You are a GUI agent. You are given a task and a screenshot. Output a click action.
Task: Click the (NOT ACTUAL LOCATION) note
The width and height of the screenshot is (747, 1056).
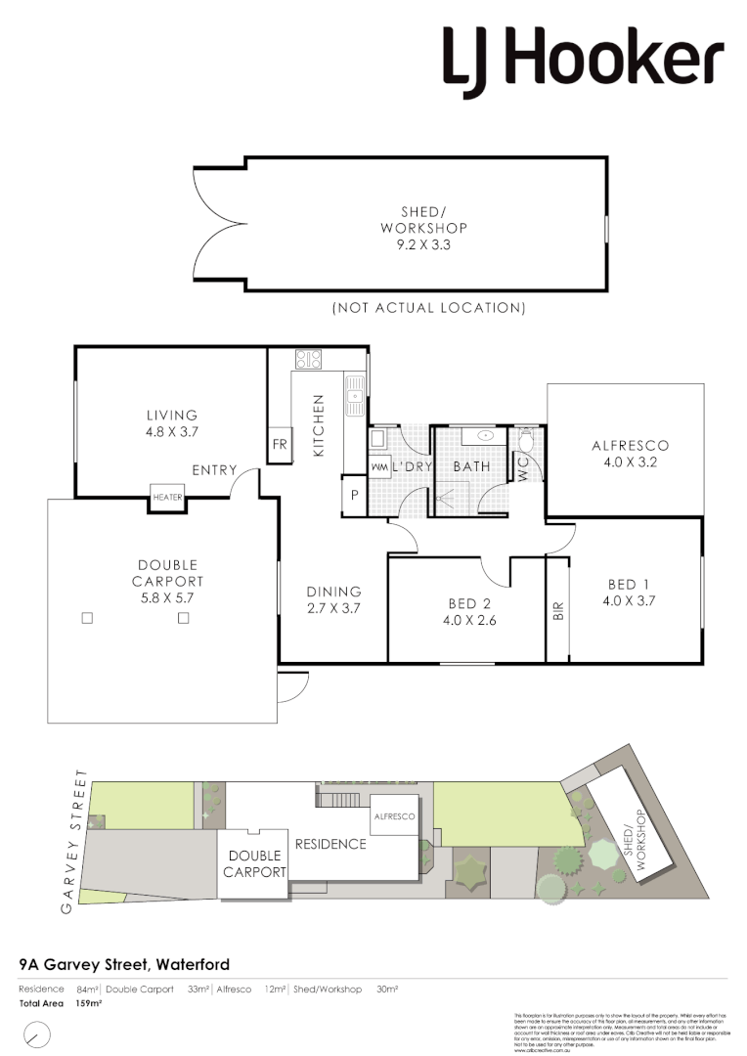coord(429,308)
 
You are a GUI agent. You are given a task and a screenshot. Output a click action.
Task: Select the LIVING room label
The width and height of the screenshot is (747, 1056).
coord(172,416)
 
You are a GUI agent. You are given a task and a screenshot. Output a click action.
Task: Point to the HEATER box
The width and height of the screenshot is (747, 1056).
coord(167,497)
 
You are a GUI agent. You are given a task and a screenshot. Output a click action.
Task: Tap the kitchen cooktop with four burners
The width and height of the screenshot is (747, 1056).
coord(309,360)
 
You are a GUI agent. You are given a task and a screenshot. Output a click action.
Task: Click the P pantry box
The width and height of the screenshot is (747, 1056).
coord(354,495)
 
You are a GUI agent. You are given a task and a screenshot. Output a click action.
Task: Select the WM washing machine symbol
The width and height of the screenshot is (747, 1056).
coord(379,466)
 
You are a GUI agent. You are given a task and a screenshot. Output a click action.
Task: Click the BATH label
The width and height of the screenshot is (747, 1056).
coord(471,467)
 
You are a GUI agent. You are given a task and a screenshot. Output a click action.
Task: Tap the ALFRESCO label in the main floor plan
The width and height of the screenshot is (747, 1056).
coord(630,446)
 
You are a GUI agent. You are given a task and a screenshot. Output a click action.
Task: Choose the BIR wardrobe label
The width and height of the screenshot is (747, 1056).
coord(558,610)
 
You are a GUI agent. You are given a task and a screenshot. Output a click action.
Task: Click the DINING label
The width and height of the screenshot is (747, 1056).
coord(333,592)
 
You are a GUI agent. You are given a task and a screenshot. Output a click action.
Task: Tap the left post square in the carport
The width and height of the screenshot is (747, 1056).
coord(86,618)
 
